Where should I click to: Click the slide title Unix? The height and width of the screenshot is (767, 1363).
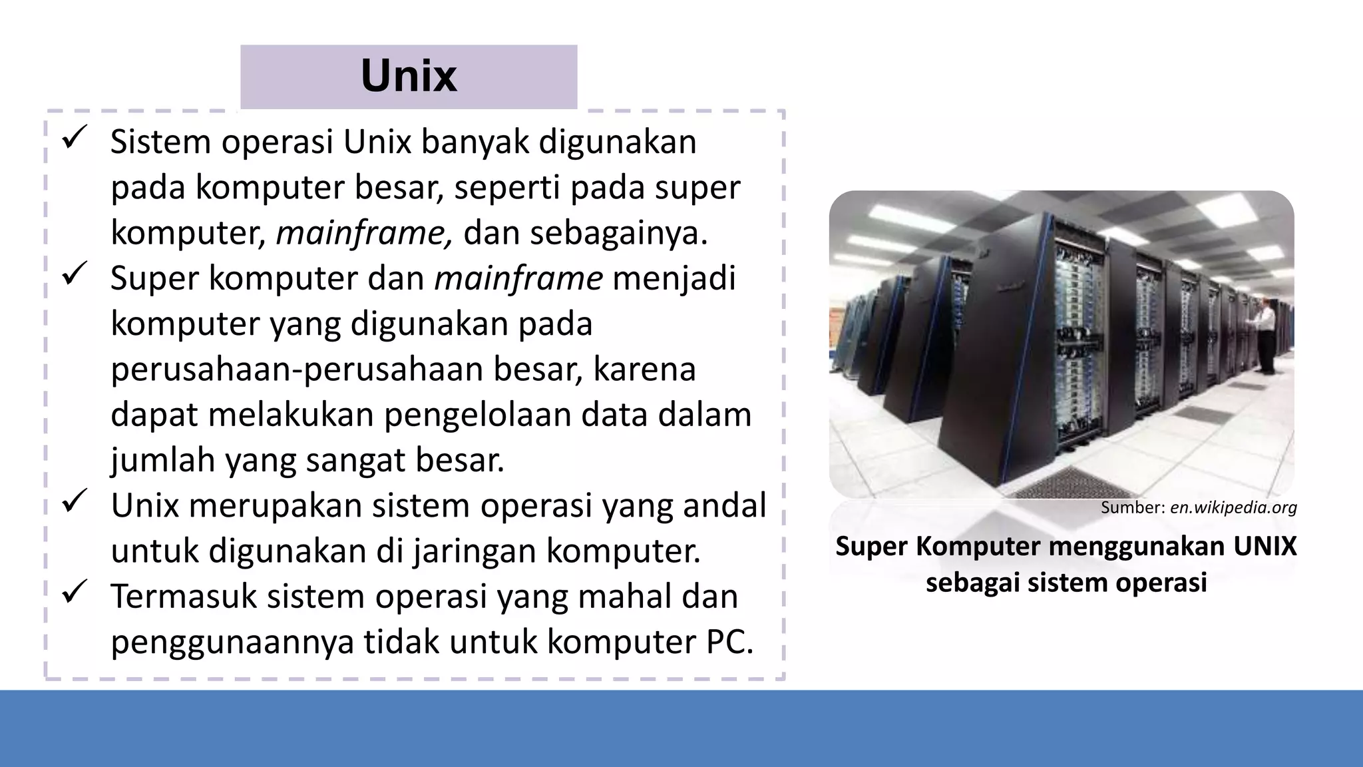click(x=409, y=77)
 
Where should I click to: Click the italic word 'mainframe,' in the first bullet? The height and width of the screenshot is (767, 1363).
click(x=364, y=233)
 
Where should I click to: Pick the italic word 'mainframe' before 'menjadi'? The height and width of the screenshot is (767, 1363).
click(x=518, y=278)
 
